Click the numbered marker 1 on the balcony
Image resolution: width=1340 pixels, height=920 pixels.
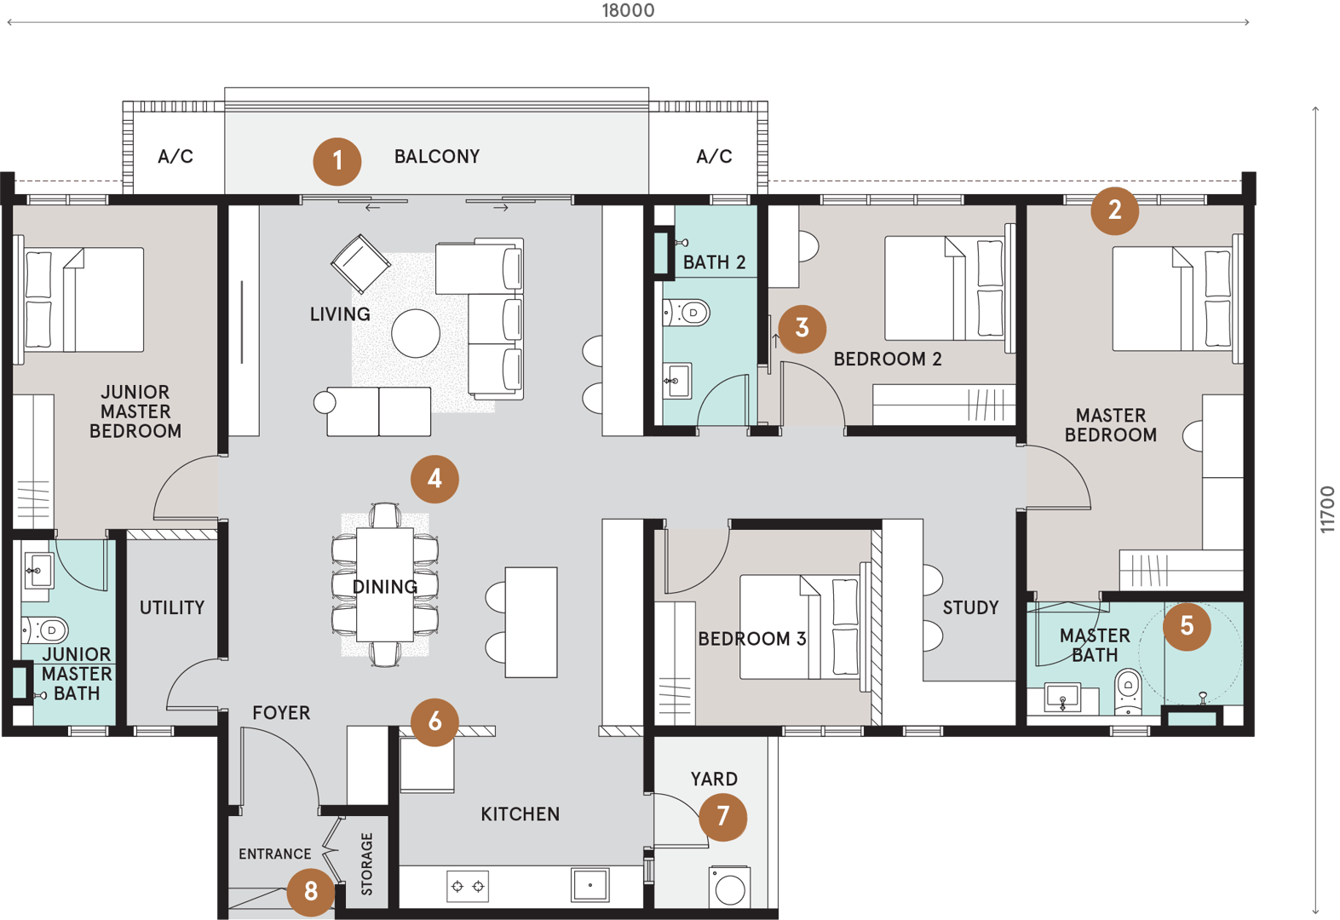[x=337, y=162]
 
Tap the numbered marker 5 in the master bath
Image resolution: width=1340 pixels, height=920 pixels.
[x=1187, y=626]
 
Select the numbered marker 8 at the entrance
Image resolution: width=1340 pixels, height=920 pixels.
[x=311, y=892]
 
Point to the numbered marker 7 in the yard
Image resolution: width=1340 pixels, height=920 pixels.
[x=722, y=817]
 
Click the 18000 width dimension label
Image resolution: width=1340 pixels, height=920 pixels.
[x=628, y=10]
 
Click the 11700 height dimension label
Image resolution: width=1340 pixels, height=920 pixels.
[x=1327, y=509]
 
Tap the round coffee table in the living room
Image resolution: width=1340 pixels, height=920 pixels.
[x=416, y=333]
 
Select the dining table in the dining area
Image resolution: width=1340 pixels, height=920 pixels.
[x=385, y=584]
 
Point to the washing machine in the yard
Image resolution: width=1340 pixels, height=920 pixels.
[x=729, y=888]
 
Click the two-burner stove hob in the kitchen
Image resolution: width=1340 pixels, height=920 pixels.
[x=468, y=886]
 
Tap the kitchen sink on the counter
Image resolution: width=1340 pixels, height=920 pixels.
[x=589, y=885]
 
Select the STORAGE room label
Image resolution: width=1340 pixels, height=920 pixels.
[x=366, y=864]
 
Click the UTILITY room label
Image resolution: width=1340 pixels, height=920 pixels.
[x=172, y=607]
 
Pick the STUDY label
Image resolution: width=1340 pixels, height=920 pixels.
[x=971, y=607]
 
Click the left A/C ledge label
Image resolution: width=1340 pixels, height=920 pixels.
[x=175, y=157]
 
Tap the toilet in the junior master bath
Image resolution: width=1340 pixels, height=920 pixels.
[x=45, y=630]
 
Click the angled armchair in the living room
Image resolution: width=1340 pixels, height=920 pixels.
[x=360, y=264]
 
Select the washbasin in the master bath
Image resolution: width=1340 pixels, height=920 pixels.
[x=1062, y=698]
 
